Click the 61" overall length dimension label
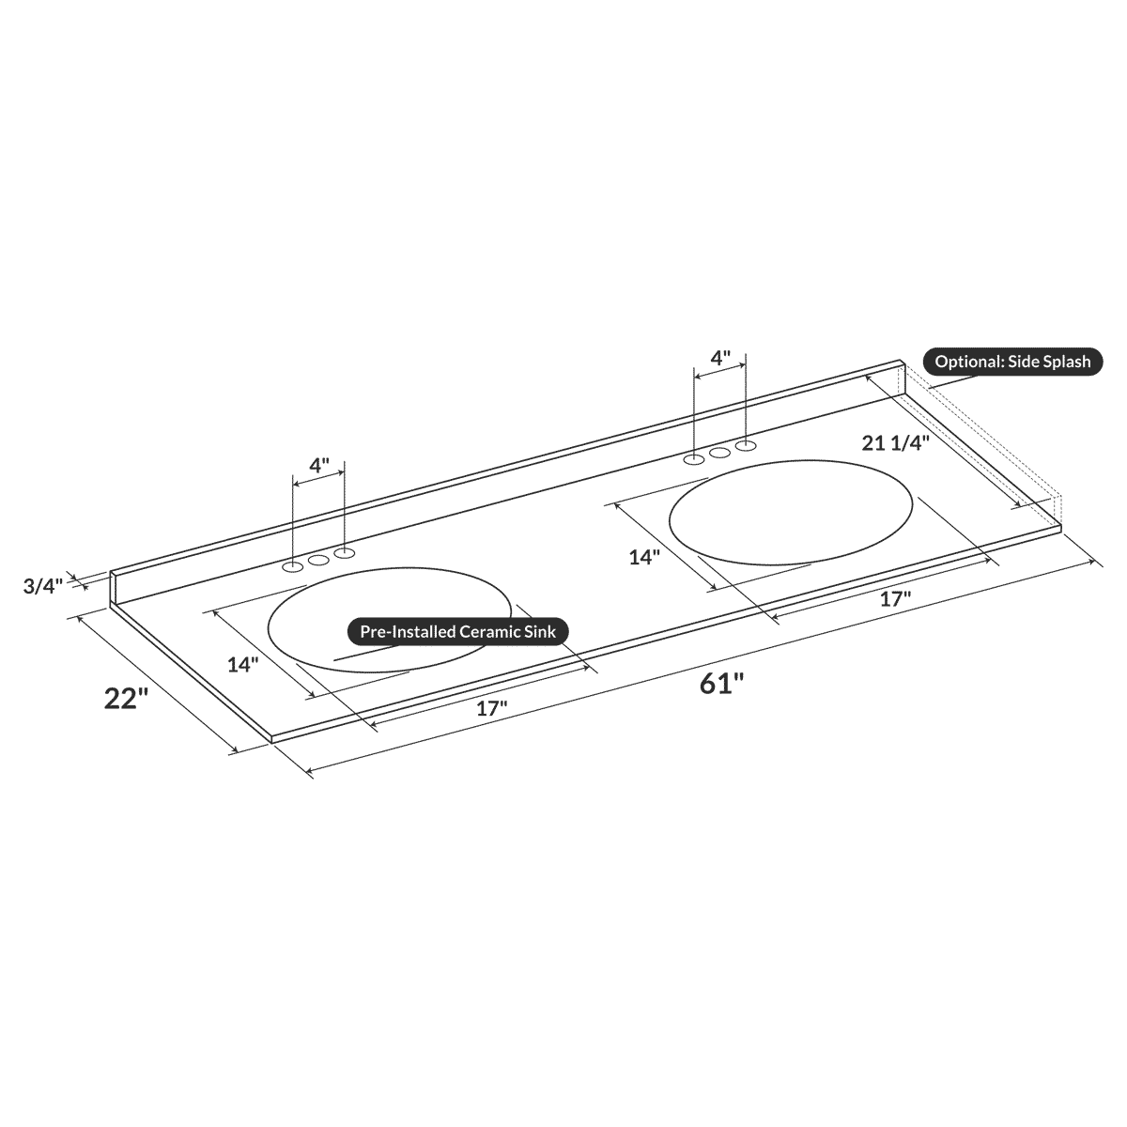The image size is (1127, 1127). pos(721,684)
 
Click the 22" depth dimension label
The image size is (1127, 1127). pos(127,700)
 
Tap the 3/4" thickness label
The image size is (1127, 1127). pos(42,587)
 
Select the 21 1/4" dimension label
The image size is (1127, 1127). pos(895,443)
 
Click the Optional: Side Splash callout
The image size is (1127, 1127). pos(1012,362)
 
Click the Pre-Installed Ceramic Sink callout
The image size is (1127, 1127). pos(458,632)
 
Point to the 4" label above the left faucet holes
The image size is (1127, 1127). pos(319,465)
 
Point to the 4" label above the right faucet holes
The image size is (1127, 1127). pos(719,358)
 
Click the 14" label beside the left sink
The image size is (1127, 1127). pos(242,664)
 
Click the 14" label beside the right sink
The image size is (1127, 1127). pos(644,557)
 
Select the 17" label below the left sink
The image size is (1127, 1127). pos(491,708)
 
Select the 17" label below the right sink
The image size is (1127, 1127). pos(895,599)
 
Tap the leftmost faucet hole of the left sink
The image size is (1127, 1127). pos(293,566)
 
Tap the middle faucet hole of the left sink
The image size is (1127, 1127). pos(319,560)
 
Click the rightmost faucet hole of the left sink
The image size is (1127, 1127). pos(345,552)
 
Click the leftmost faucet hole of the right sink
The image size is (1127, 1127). pos(694,459)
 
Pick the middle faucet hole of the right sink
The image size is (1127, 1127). pos(720,453)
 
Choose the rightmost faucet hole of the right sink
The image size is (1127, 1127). pos(746,445)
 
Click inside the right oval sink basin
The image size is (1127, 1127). pos(790,517)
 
